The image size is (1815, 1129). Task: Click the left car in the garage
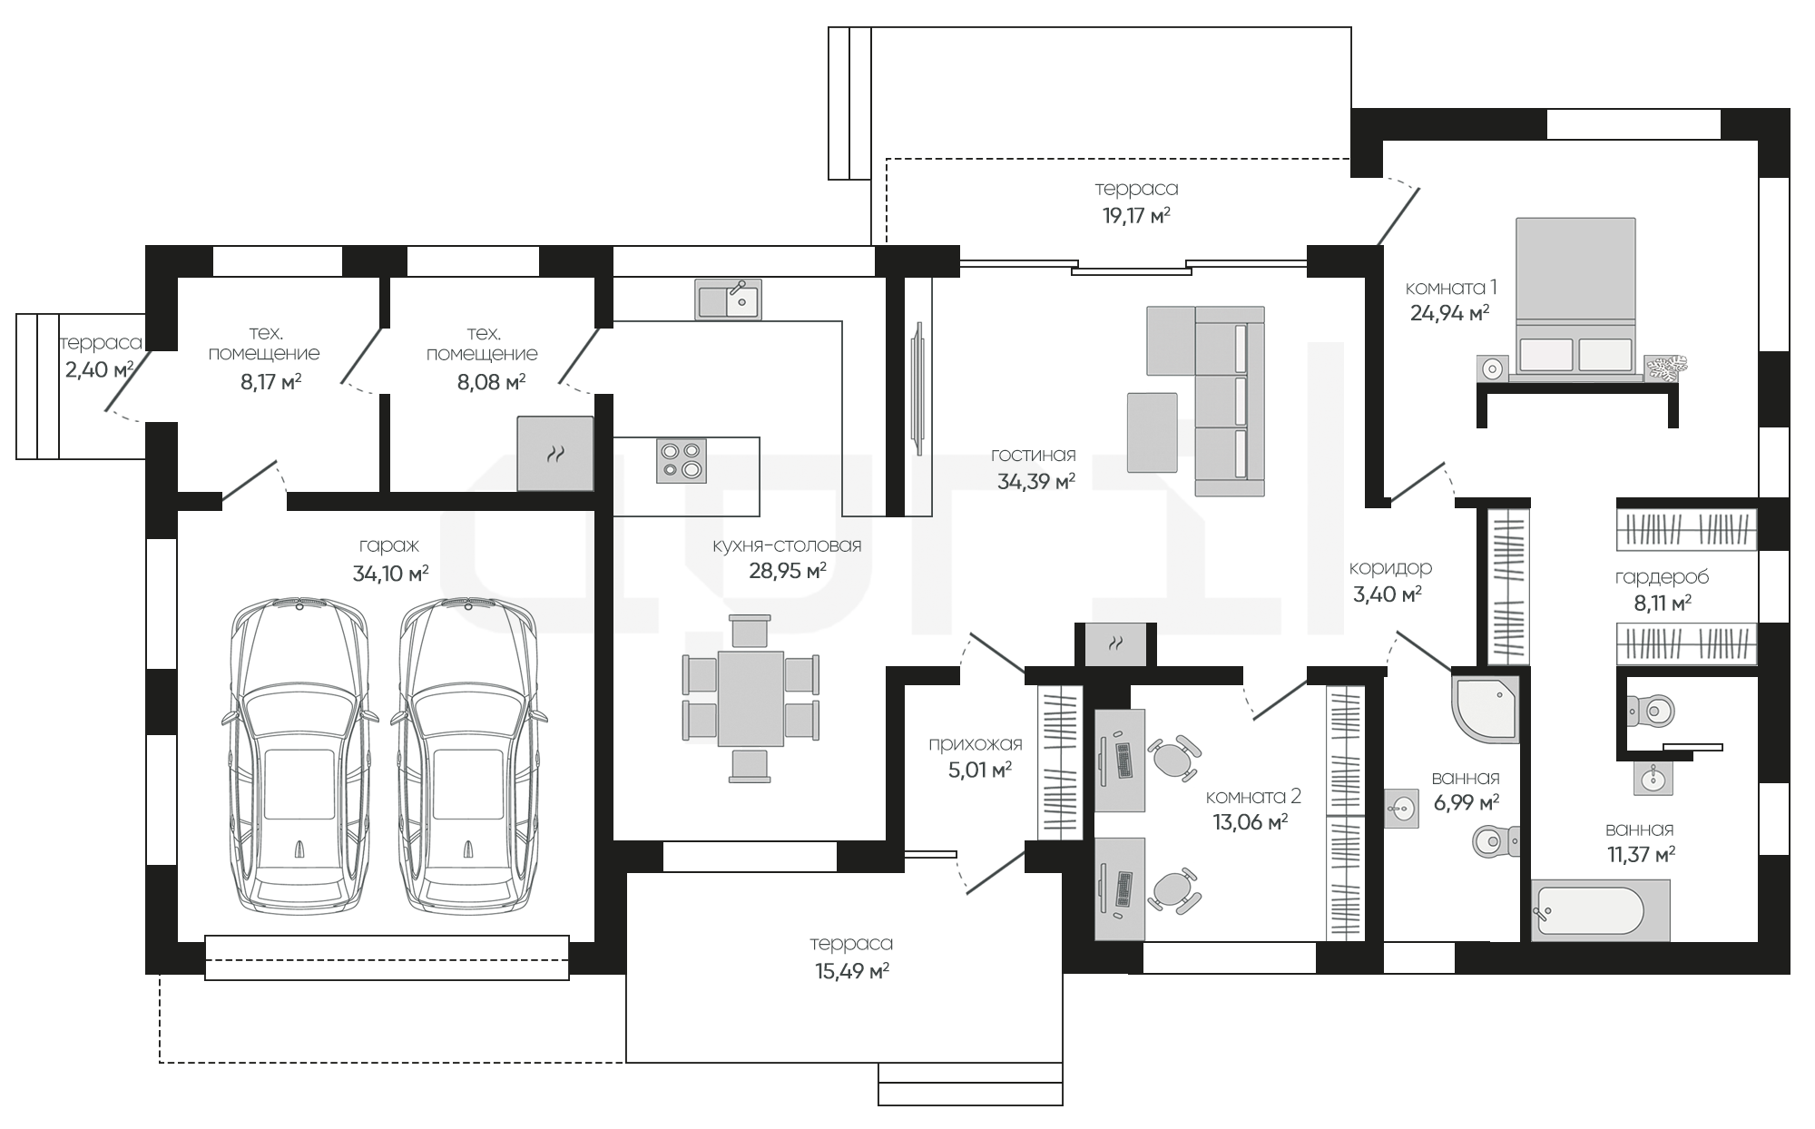click(x=299, y=755)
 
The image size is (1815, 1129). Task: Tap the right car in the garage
click(x=468, y=755)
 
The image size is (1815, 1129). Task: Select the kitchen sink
click(x=729, y=299)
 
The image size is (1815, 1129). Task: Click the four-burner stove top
click(x=681, y=460)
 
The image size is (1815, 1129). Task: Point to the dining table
click(x=751, y=699)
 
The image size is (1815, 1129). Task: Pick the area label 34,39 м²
click(x=1035, y=482)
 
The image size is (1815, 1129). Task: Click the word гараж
click(x=389, y=545)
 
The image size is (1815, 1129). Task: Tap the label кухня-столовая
click(x=787, y=545)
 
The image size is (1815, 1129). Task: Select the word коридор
click(x=1390, y=568)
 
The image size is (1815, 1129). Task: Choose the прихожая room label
click(x=975, y=744)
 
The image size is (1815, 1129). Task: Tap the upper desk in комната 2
click(x=1120, y=760)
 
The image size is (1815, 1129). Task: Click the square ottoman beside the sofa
click(x=1152, y=433)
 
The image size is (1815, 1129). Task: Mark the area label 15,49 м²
click(x=852, y=972)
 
